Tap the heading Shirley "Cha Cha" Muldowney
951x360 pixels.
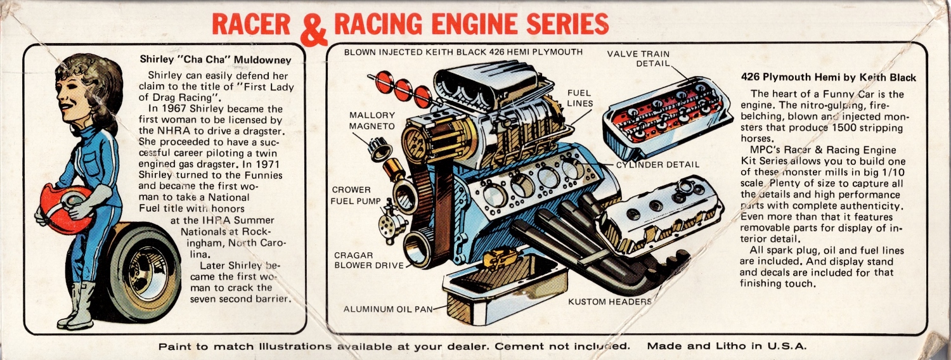point(215,60)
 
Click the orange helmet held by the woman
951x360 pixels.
point(63,208)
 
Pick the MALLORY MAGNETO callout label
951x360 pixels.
point(372,121)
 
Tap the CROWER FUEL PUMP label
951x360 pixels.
point(356,196)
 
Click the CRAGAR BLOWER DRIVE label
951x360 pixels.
point(367,260)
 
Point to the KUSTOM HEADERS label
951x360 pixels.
point(609,302)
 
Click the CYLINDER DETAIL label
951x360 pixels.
point(657,165)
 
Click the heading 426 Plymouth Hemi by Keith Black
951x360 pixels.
point(828,77)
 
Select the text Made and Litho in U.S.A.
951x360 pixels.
point(727,346)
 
